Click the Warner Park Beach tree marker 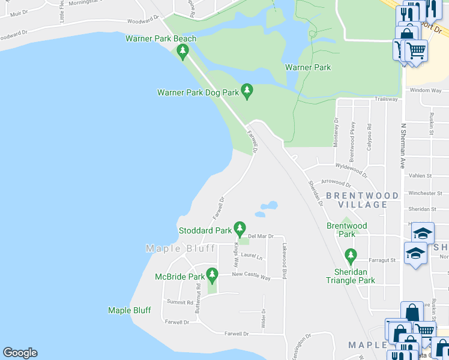pos(183,52)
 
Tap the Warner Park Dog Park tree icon pos(246,91)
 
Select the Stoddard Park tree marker pos(240,229)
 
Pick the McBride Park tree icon pos(211,275)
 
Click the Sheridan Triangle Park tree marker pos(351,255)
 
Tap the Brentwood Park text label pos(346,230)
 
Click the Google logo pos(20,353)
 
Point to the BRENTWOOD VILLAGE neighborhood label pos(362,200)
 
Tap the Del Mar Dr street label pos(261,236)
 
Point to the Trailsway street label pos(387,99)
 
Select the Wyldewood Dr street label pos(351,170)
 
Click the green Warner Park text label pos(308,67)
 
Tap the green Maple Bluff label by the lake pos(130,310)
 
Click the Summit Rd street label pos(180,302)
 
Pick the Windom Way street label pos(425,90)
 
